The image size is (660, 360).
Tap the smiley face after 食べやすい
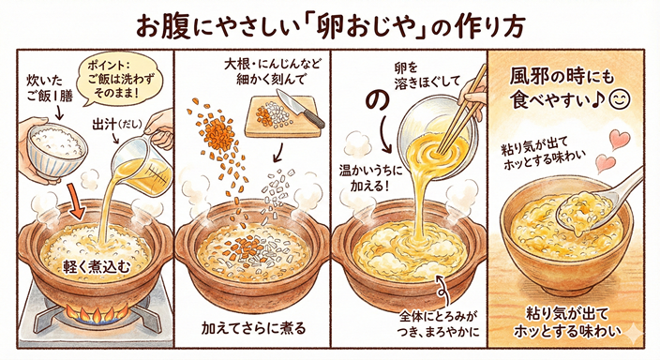619,99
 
